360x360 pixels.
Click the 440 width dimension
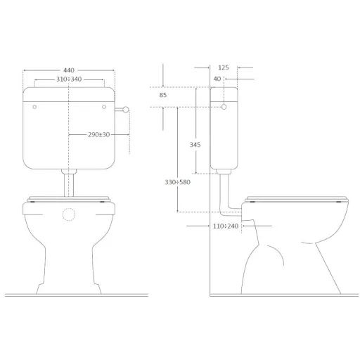click(69, 70)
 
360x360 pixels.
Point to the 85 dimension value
click(163, 95)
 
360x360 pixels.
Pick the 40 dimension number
click(217, 79)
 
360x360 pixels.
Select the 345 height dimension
click(195, 144)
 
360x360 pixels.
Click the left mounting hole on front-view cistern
click(34, 107)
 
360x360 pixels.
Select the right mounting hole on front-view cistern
click(104, 107)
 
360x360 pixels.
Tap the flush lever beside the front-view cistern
click(124, 108)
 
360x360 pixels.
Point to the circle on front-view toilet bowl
click(69, 214)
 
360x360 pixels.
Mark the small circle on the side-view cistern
click(224, 107)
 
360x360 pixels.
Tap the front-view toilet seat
click(69, 200)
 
